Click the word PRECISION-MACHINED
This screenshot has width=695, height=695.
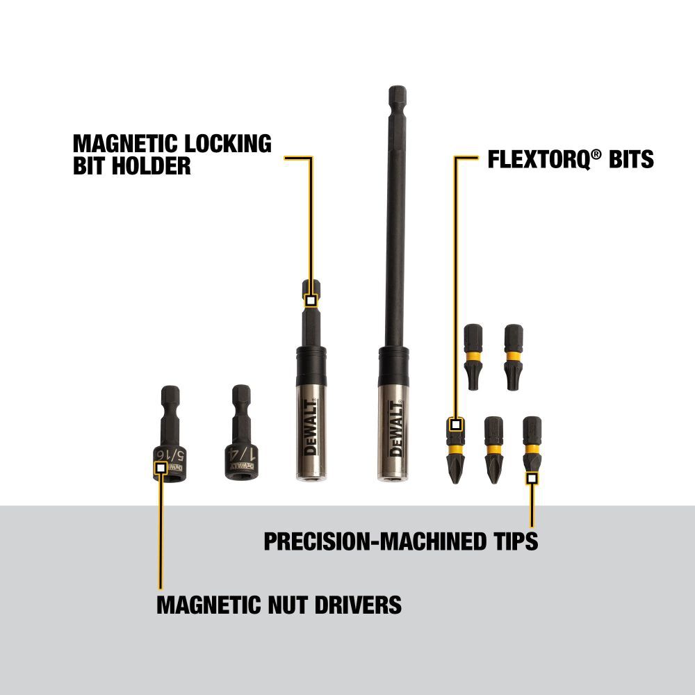(373, 541)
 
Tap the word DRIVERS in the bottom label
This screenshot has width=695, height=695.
(351, 605)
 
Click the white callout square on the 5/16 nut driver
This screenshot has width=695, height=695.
(161, 468)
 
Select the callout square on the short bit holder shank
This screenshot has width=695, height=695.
(311, 301)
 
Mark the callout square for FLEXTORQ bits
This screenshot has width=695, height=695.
(456, 424)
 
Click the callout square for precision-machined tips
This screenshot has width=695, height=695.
(532, 478)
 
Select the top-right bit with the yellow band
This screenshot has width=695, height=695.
(514, 346)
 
